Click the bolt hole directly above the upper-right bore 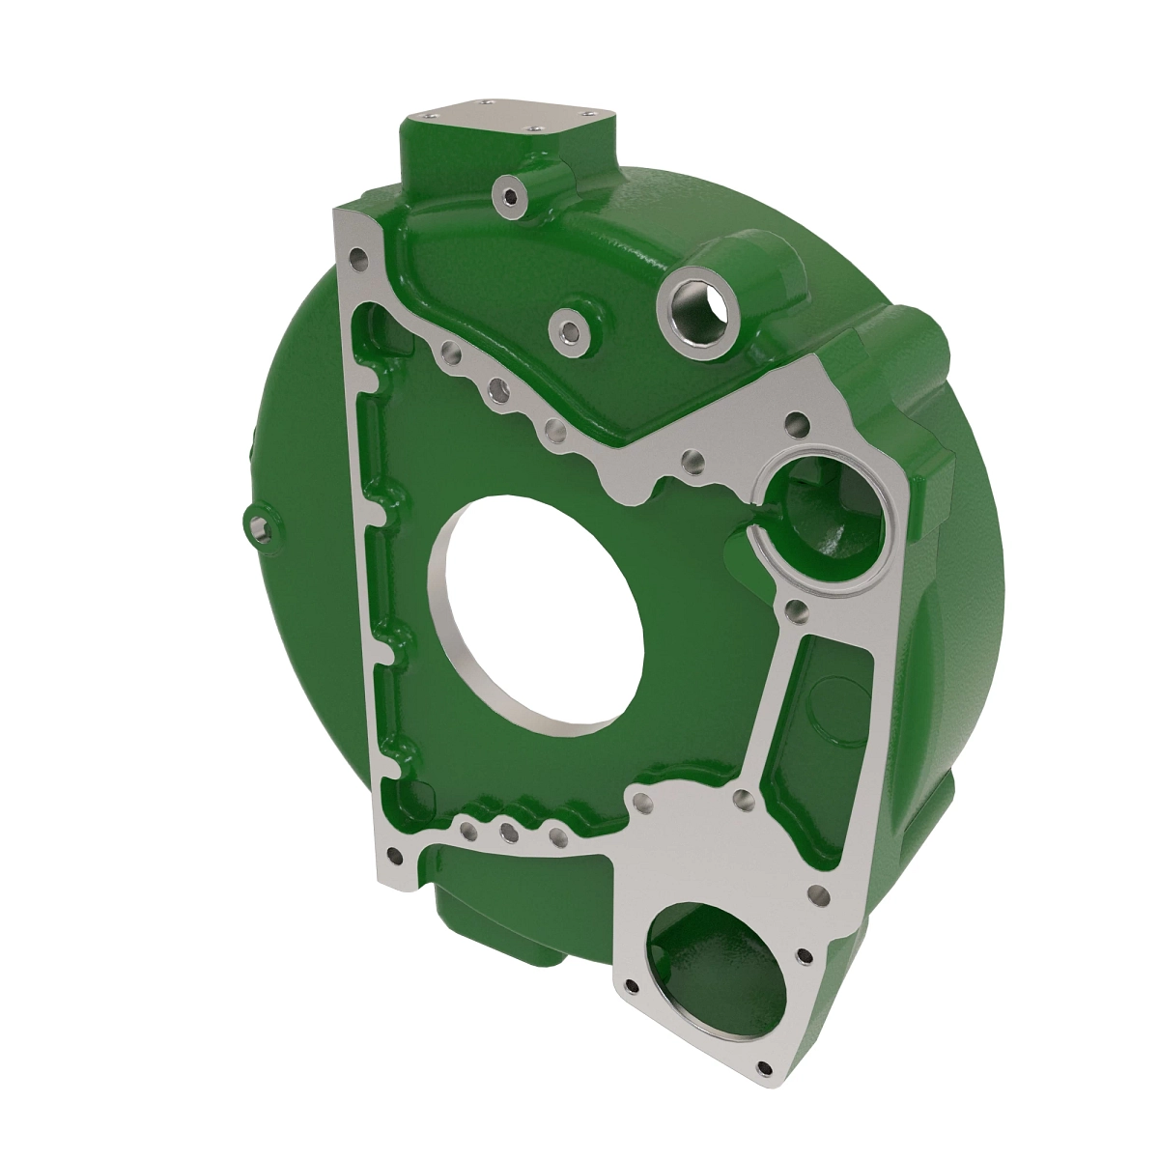[x=796, y=422]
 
